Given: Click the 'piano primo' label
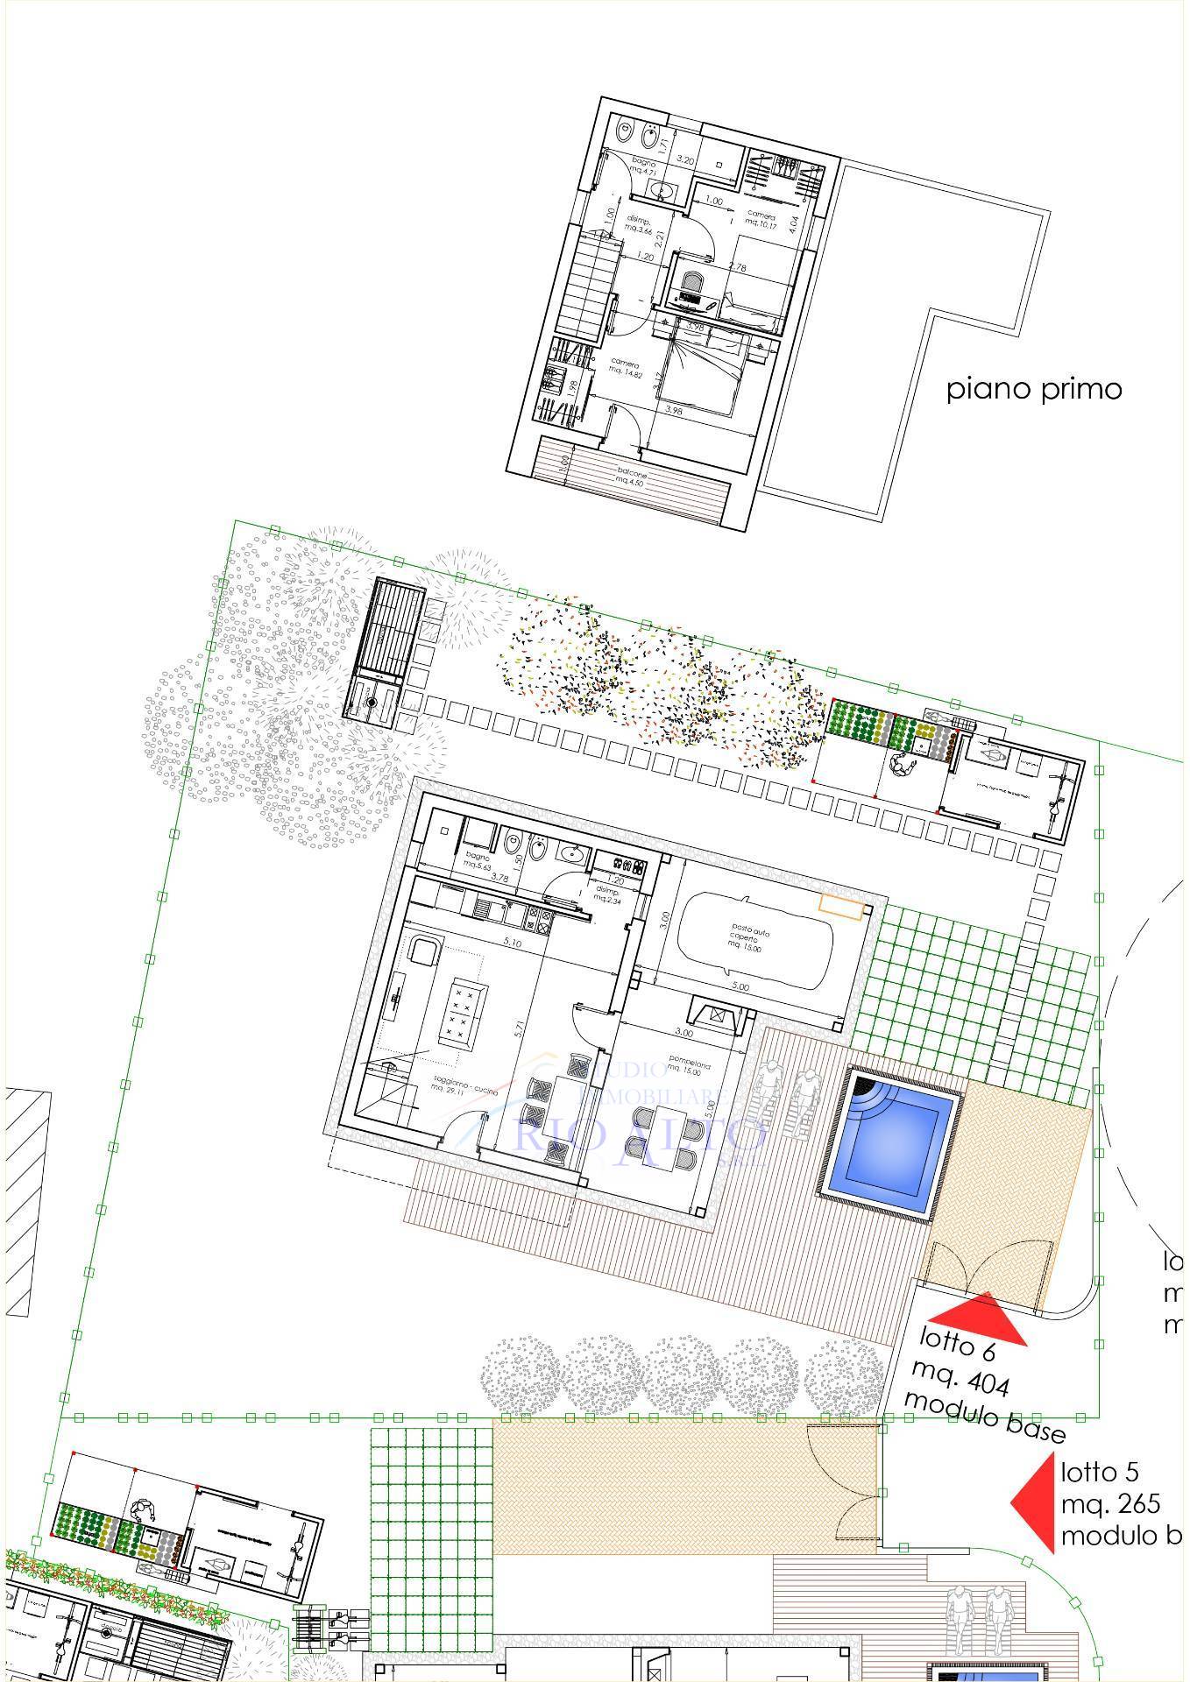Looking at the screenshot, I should (1034, 388).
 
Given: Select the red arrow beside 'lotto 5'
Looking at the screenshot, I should (1034, 1503).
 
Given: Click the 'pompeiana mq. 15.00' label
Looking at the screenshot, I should (689, 1068).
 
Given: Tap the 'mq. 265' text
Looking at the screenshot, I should (1110, 1504).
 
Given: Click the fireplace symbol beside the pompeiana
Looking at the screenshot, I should (717, 1015).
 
